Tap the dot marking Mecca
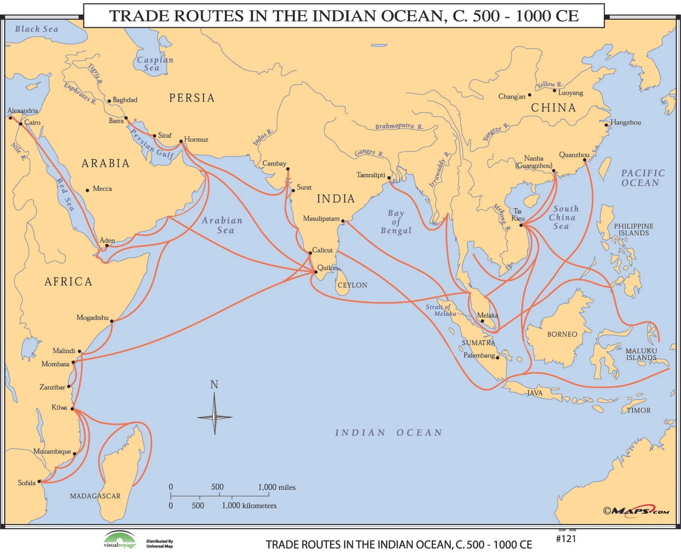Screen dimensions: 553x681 87,190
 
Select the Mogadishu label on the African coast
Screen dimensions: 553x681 92,318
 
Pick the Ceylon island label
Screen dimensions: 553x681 352,285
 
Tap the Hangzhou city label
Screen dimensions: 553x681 626,123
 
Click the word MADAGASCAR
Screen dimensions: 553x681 95,496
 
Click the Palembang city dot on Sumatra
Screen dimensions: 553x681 497,357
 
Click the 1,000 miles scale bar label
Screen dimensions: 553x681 276,487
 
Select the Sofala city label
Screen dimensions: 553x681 26,483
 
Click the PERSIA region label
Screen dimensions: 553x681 192,98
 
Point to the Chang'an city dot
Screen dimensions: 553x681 529,95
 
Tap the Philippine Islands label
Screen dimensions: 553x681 633,229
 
